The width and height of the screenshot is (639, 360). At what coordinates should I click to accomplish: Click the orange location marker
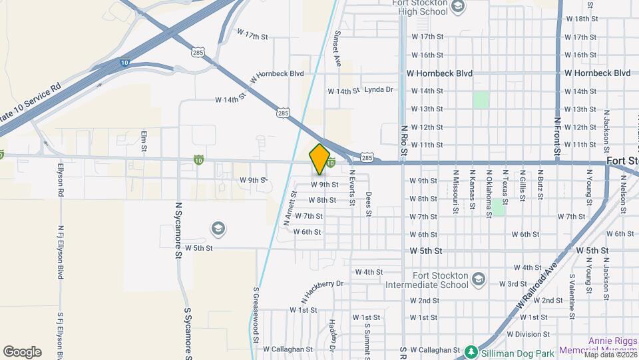(319, 159)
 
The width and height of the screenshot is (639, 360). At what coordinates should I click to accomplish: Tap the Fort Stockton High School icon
(457, 7)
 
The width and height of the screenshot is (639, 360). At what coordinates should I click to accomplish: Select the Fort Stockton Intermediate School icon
(478, 279)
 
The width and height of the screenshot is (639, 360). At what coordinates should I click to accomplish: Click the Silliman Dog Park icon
(471, 351)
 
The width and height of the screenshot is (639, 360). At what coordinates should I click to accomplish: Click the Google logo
(22, 351)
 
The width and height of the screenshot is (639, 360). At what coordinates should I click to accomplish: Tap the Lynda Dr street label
(379, 89)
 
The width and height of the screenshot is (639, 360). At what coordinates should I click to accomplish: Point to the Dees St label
(368, 205)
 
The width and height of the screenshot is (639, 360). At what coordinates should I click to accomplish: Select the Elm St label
(144, 142)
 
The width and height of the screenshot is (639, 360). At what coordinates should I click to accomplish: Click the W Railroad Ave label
(536, 284)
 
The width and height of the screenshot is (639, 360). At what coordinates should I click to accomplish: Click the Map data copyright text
(608, 354)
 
